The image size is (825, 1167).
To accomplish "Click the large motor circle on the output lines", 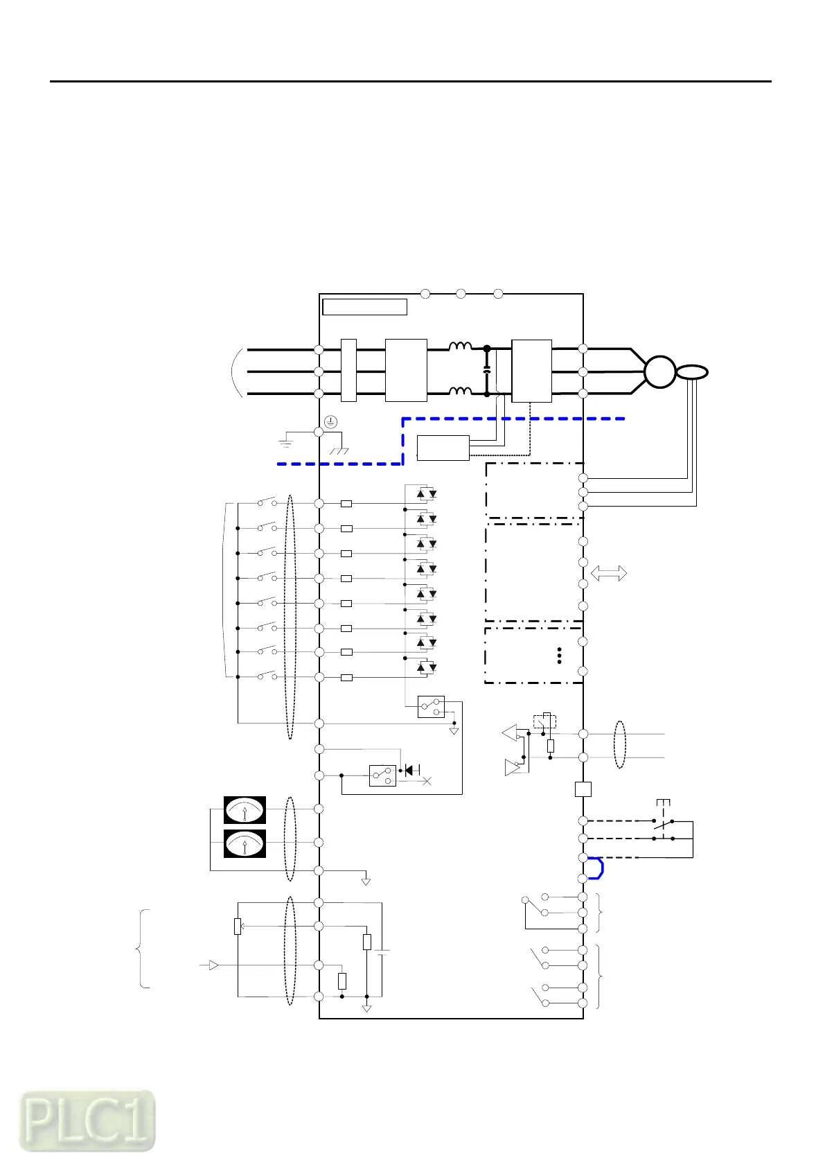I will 659,371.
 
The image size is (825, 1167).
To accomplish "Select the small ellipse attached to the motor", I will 692,373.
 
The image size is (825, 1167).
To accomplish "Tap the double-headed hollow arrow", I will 609,573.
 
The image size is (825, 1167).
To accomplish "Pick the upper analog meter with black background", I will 245,809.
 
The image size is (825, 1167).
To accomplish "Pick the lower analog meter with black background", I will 245,843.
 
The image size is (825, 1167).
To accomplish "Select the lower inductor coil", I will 460,392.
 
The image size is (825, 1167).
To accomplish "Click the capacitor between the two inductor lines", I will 486,371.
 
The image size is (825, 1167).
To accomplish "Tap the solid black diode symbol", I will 409,770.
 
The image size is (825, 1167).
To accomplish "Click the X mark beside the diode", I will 427,781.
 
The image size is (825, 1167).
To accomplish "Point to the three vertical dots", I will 559,656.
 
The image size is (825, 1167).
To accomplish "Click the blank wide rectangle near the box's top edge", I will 364,307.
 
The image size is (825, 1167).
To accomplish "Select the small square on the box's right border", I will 583,789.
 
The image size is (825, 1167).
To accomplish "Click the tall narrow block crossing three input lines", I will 348,371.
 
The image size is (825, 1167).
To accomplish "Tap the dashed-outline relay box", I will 544,721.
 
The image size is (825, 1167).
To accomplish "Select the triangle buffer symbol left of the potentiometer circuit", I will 213,965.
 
